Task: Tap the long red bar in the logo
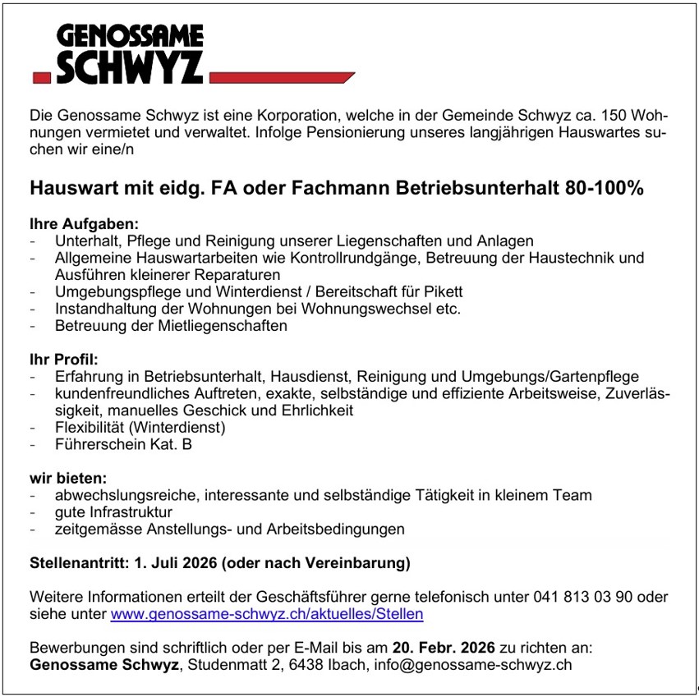(x=281, y=78)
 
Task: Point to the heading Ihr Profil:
(x=64, y=360)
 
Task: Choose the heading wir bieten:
(x=68, y=478)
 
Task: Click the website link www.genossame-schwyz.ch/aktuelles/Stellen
(x=267, y=613)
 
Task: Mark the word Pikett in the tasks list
(x=444, y=291)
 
